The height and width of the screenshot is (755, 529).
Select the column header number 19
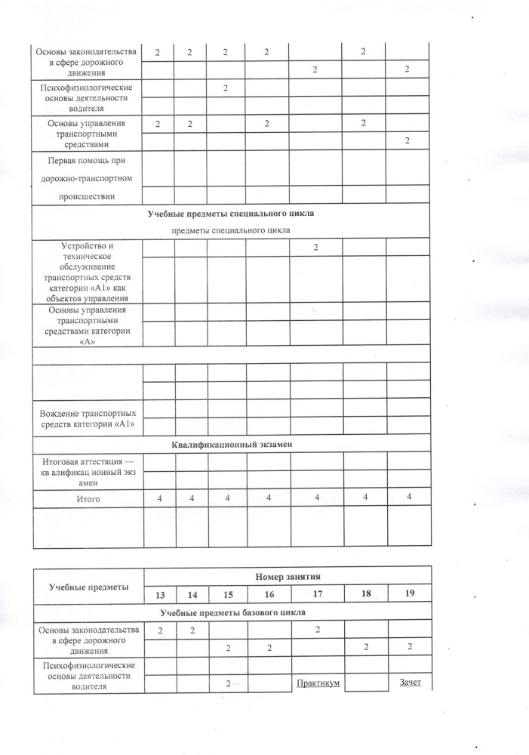tap(410, 594)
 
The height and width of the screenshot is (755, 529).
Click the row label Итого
tap(88, 499)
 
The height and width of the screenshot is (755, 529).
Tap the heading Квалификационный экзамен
tap(231, 445)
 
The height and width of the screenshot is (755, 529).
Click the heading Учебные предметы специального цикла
tap(231, 214)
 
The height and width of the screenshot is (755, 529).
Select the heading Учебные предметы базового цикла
tap(231, 612)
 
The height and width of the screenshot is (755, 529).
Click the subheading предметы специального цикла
tap(231, 230)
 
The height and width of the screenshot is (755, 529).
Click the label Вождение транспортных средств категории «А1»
tap(88, 418)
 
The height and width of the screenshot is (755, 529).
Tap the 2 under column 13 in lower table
tap(159, 630)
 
